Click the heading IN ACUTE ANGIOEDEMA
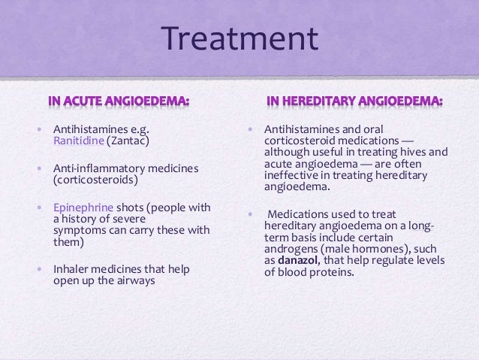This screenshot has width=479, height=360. point(119,101)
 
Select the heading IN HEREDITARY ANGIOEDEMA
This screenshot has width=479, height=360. point(354,101)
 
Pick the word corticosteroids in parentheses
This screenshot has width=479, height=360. point(95,181)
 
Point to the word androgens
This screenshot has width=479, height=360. point(293,249)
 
